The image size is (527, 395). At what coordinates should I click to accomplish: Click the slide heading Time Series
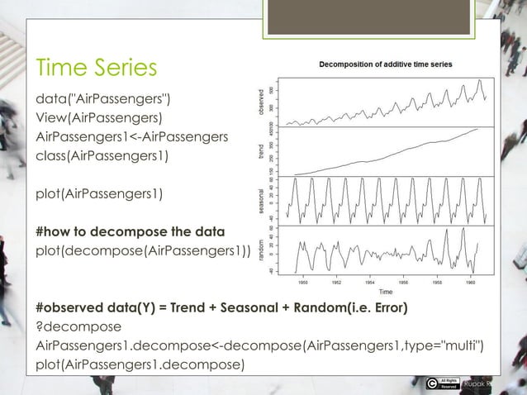click(95, 67)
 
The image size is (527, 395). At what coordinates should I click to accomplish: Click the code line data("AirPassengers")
click(103, 100)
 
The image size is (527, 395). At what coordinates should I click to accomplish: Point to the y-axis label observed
click(262, 102)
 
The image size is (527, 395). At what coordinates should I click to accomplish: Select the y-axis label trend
click(262, 153)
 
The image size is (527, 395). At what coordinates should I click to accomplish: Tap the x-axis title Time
click(385, 292)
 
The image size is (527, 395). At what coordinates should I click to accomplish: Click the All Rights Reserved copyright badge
click(446, 382)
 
